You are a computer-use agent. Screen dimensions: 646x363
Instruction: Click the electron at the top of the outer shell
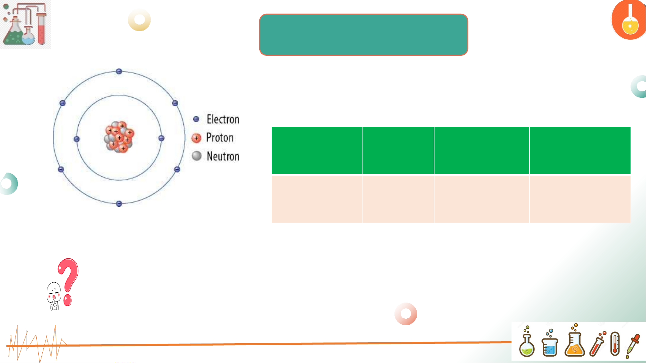[x=119, y=71]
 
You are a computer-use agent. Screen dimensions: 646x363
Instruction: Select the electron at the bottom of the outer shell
[x=119, y=203]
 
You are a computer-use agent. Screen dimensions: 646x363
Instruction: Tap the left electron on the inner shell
[x=77, y=139]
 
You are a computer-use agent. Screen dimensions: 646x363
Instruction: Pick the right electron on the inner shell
[x=161, y=138]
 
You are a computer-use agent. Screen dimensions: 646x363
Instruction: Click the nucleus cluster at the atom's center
[x=119, y=137]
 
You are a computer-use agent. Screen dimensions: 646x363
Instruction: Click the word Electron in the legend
[x=223, y=119]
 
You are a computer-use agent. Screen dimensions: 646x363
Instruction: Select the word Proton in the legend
[x=220, y=137]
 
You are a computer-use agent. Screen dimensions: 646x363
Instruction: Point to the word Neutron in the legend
[x=223, y=156]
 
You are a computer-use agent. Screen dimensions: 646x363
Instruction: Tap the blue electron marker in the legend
[x=196, y=119]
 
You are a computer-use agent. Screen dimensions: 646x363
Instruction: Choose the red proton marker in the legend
[x=196, y=138]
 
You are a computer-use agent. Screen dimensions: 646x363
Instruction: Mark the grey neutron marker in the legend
[x=197, y=156]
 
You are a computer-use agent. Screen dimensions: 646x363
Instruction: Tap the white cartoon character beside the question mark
[x=54, y=296]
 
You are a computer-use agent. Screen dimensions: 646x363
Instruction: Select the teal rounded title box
[x=364, y=35]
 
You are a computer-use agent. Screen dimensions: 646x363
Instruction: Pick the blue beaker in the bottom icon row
[x=550, y=343]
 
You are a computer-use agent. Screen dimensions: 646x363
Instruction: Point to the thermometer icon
[x=615, y=344]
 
